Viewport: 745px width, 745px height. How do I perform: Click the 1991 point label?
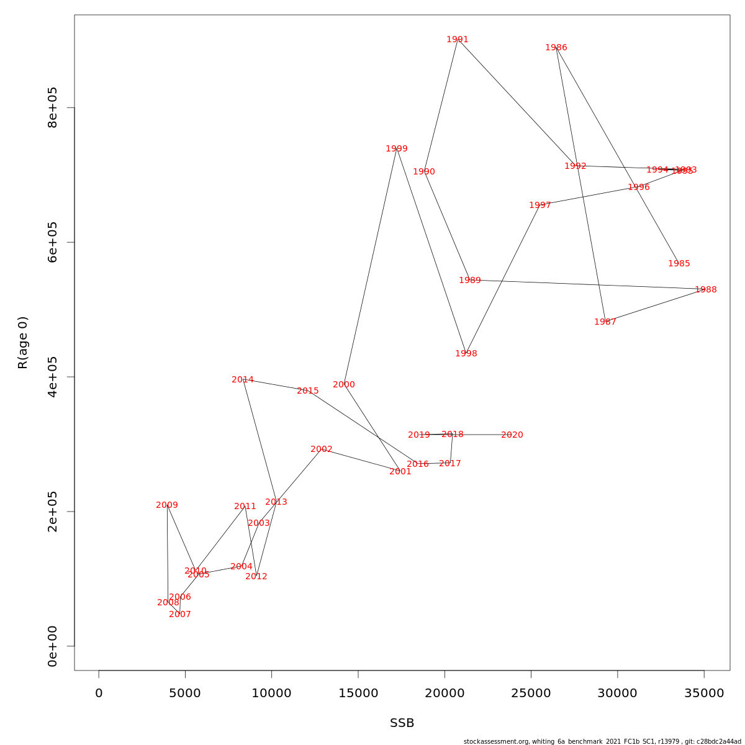[458, 40]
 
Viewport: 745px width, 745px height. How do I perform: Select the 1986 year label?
[556, 48]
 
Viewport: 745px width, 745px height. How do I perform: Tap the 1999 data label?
[397, 149]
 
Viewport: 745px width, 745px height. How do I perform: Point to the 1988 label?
[706, 290]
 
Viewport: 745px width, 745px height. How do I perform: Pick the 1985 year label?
[679, 264]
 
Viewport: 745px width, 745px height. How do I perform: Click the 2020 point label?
[512, 435]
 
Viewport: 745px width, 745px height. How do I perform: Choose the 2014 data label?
[243, 380]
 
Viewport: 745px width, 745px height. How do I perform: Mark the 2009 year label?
[167, 505]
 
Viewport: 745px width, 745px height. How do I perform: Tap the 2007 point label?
[180, 615]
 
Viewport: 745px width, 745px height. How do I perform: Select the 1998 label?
[466, 354]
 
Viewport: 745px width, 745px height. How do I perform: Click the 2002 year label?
[322, 449]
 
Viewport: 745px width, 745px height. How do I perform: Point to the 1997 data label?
[540, 205]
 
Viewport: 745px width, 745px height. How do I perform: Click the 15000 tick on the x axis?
[358, 693]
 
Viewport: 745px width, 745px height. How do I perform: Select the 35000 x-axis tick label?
[704, 693]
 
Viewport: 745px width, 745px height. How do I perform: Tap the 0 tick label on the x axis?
[99, 693]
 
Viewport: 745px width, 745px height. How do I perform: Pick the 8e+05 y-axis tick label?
[53, 107]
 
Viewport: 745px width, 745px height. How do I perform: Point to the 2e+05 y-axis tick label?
[53, 511]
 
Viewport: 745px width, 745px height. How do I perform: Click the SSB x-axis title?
[402, 723]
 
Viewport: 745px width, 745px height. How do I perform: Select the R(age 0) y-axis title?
[23, 343]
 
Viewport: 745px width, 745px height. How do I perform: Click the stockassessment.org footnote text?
[602, 741]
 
